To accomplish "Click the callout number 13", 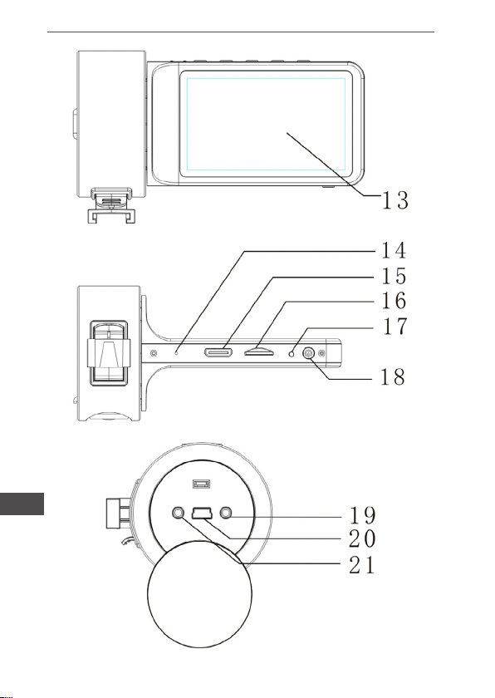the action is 395,200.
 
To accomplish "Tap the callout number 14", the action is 394,250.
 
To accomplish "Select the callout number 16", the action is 394,301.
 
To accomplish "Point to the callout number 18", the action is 392,377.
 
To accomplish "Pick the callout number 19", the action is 362,515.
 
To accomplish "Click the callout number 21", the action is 362,566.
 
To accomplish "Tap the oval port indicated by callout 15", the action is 218,353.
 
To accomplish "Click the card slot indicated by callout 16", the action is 258,352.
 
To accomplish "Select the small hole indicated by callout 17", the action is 292,353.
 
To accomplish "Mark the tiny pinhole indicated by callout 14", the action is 177,353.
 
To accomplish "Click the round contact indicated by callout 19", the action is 226,514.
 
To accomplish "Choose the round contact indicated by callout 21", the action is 178,514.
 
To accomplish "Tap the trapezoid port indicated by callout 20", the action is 202,514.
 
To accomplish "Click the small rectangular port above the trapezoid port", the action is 202,484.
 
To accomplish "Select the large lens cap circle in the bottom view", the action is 199,594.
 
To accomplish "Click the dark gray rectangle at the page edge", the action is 22,504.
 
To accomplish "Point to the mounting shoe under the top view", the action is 111,206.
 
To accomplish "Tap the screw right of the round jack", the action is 322,353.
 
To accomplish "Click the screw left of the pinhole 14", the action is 154,353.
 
